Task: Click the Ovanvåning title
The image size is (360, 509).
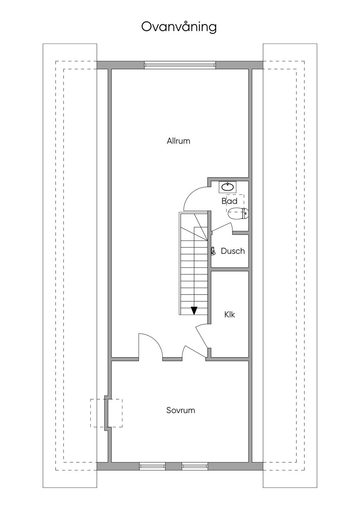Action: [x=179, y=27]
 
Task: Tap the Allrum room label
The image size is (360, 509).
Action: [x=178, y=141]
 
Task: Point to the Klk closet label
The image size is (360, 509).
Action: [x=230, y=315]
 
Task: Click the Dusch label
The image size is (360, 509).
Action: [x=233, y=251]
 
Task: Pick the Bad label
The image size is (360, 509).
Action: [x=230, y=201]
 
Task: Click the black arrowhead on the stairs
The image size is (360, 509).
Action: [x=194, y=311]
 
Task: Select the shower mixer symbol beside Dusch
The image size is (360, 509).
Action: [x=213, y=251]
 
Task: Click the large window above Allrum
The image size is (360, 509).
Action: [x=180, y=65]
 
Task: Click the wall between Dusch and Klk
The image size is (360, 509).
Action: [x=230, y=269]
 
